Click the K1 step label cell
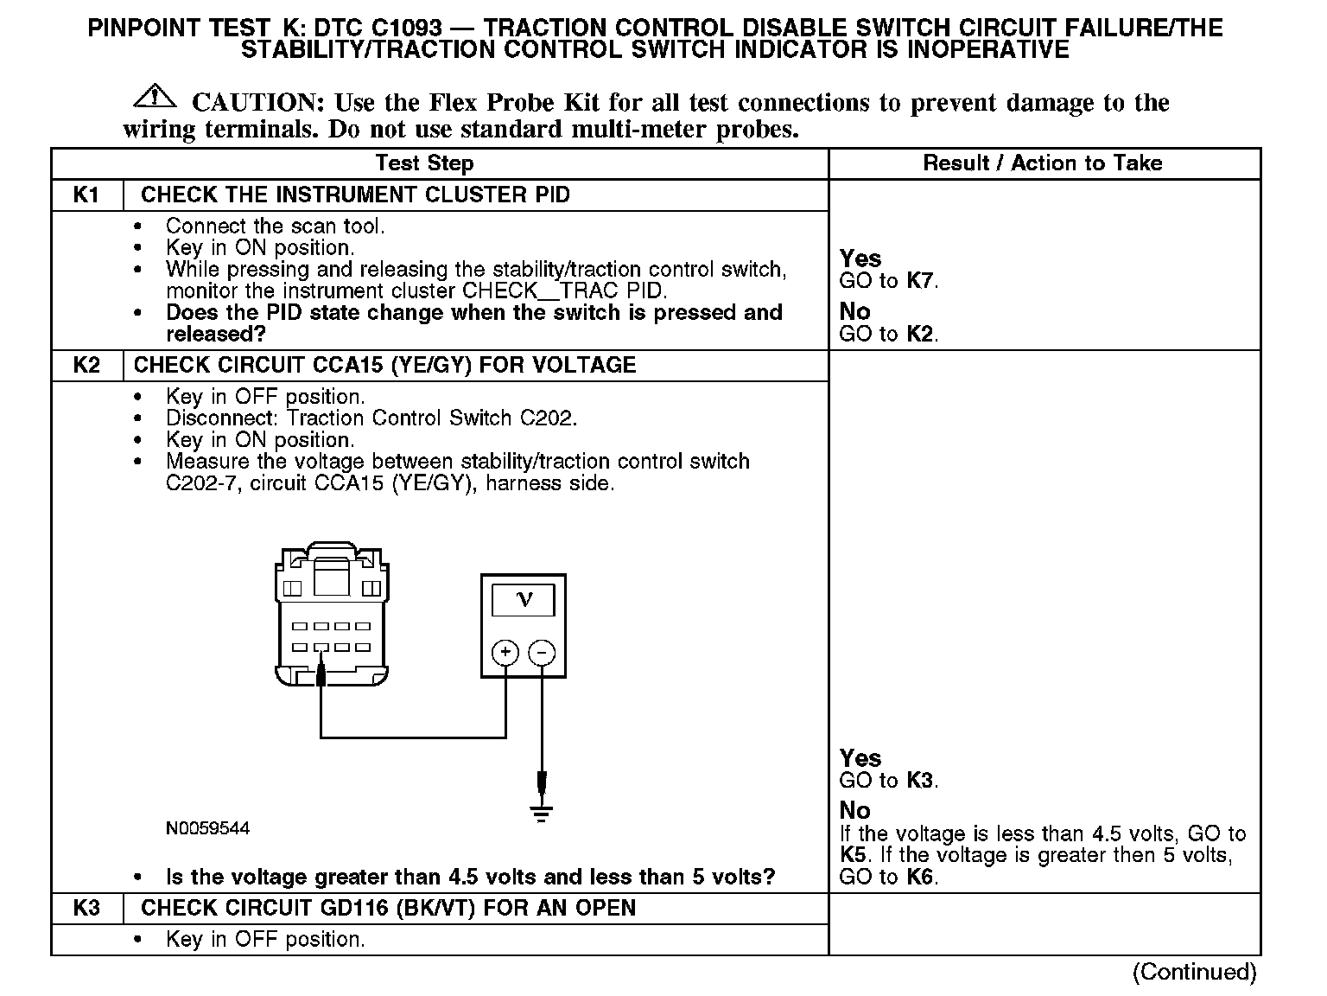click(86, 195)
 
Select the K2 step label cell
click(86, 365)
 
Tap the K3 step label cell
click(86, 908)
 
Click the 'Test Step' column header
click(424, 163)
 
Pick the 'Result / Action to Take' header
click(1043, 163)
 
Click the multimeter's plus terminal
click(505, 653)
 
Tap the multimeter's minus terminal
click(542, 653)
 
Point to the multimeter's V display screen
click(523, 599)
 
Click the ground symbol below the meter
click(542, 814)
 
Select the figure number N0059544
click(207, 828)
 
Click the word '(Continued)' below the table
click(1194, 972)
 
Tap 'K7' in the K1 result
click(921, 280)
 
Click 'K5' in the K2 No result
click(854, 855)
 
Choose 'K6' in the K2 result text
click(921, 877)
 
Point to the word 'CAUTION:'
click(257, 103)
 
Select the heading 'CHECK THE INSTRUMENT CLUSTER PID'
click(355, 195)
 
